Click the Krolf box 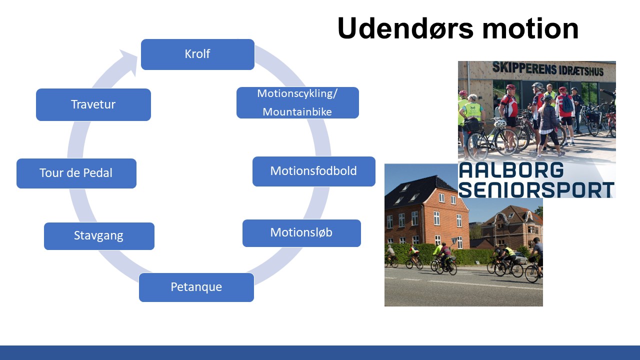[x=197, y=54]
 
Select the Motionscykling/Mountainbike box [x=297, y=103]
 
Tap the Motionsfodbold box [x=314, y=171]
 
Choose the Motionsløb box [x=301, y=233]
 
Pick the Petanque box [x=196, y=287]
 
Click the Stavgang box [x=99, y=236]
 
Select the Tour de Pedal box [x=76, y=173]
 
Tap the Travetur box [x=93, y=104]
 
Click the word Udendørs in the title [x=405, y=28]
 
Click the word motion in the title [x=530, y=29]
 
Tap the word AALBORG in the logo [x=511, y=170]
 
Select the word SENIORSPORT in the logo [x=536, y=189]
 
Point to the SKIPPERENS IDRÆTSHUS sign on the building [x=547, y=69]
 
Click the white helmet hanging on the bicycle [x=499, y=123]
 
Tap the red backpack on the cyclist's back [x=566, y=103]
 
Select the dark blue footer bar [x=320, y=352]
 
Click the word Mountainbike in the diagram [x=297, y=111]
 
